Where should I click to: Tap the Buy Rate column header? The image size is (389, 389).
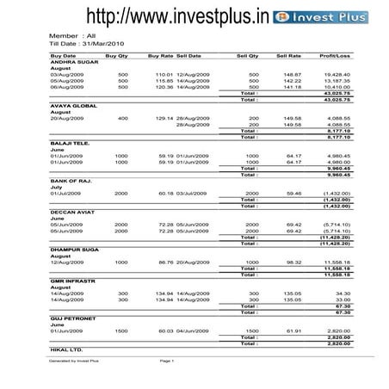click(160, 55)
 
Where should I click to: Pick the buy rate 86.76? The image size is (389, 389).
click(164, 261)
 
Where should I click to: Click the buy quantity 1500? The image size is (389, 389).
click(121, 330)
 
